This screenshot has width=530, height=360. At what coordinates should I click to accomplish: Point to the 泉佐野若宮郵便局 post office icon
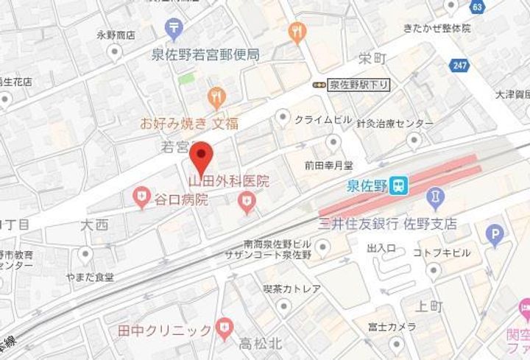coord(174,29)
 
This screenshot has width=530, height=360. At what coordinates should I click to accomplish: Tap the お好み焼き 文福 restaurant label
coord(189,124)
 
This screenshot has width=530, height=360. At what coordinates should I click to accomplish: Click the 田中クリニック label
coord(165,331)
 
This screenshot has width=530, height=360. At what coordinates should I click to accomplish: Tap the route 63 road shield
coord(478,7)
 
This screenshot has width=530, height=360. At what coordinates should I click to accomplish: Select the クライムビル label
coord(323,119)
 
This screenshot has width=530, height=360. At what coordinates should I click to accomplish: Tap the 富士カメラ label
coord(385,326)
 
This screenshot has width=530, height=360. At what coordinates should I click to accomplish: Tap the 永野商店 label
coord(115,35)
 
